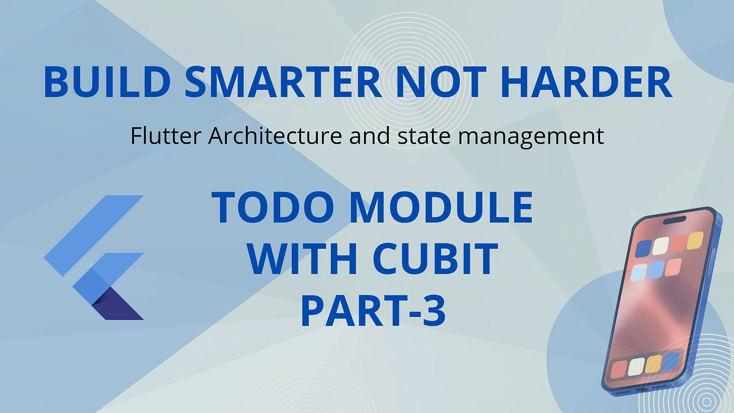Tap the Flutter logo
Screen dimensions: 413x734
94,257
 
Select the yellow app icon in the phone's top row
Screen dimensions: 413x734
695,240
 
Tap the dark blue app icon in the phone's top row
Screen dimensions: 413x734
643,248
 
